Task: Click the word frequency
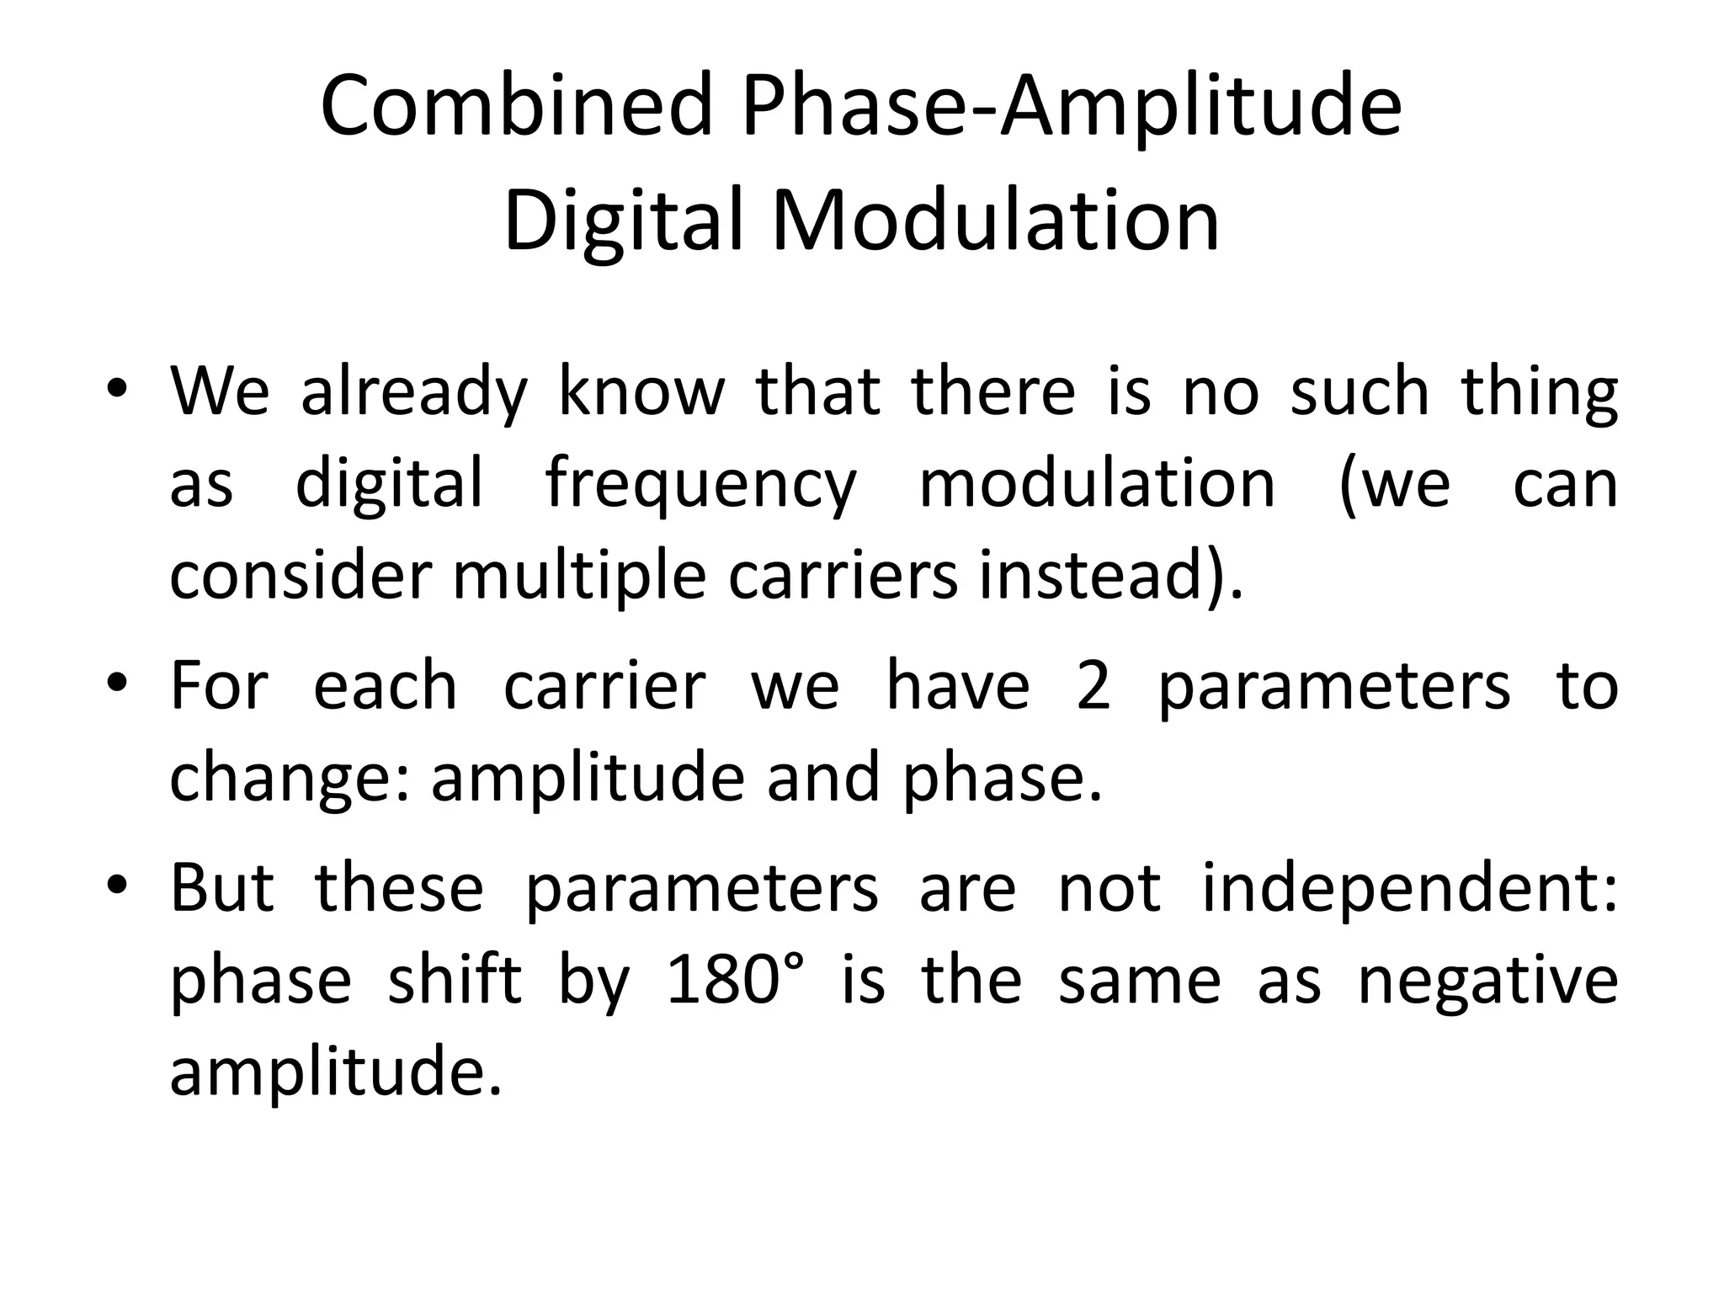[x=700, y=486]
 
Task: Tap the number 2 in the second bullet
[x=1093, y=686]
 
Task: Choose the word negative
[x=1487, y=981]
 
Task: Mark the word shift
[x=455, y=981]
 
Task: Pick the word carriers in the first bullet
[x=843, y=577]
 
